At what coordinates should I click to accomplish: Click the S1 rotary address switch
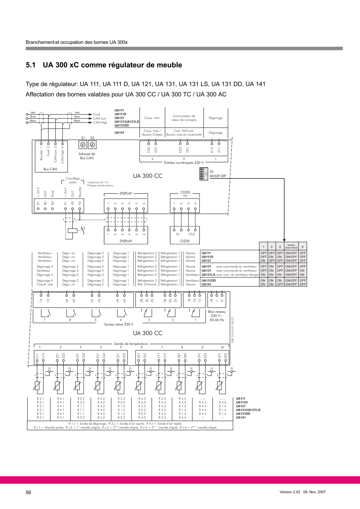[83, 145]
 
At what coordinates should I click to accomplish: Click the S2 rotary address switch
[92, 145]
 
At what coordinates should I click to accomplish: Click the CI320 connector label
[185, 192]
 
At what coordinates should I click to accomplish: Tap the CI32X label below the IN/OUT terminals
[185, 240]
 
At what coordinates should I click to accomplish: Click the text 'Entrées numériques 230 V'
[184, 163]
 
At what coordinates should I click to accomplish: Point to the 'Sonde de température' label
[131, 343]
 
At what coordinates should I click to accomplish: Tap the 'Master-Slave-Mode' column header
[291, 247]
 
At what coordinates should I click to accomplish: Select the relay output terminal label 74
[41, 301]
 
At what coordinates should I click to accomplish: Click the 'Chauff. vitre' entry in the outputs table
[45, 284]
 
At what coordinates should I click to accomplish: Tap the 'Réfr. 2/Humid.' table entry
[147, 284]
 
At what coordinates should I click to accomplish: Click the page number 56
[29, 492]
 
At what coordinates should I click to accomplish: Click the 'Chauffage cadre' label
[72, 180]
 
